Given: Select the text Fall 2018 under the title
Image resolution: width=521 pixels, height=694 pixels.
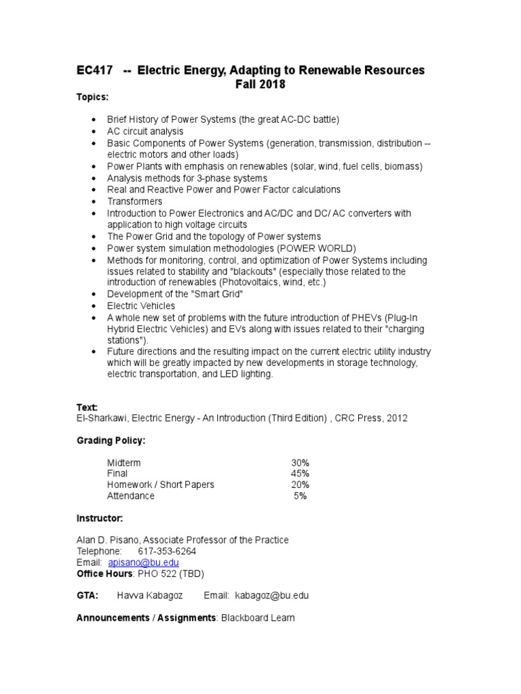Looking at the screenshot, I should pyautogui.click(x=260, y=85).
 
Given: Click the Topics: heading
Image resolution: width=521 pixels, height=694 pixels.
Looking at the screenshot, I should pyautogui.click(x=92, y=98).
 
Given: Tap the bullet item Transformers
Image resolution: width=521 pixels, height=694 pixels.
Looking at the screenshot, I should pyautogui.click(x=134, y=201).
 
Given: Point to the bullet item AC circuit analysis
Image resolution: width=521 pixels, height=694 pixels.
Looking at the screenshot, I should pyautogui.click(x=145, y=131).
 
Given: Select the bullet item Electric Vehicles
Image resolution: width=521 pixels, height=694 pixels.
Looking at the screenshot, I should pyautogui.click(x=140, y=306).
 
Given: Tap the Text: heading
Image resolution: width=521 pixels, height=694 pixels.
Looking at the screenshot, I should pyautogui.click(x=87, y=407).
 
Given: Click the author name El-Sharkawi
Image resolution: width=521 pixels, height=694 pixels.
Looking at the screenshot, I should pyautogui.click(x=102, y=418).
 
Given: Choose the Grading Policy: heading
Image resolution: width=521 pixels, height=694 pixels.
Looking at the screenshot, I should pyautogui.click(x=110, y=441).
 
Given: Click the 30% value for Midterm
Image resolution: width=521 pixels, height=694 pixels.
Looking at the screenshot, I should pyautogui.click(x=300, y=462).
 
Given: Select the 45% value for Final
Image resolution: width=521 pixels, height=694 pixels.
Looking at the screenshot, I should pyautogui.click(x=300, y=473).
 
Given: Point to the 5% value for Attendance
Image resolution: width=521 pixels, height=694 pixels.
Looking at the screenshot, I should pyautogui.click(x=300, y=495).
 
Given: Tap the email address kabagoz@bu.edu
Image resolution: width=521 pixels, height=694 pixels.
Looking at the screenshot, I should pyautogui.click(x=271, y=595).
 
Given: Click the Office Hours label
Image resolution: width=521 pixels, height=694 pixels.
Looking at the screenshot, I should pyautogui.click(x=105, y=573).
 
